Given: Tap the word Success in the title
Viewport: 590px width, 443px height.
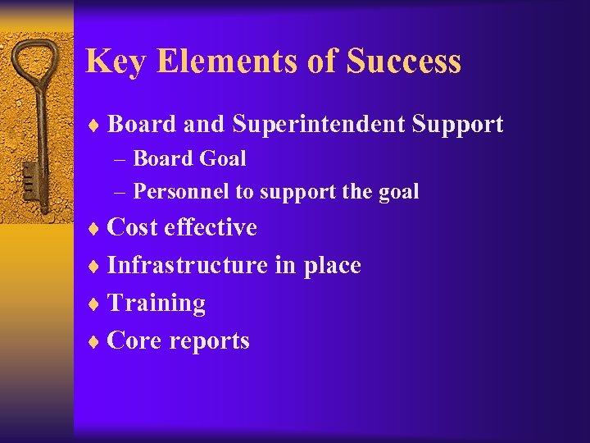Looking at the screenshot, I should [x=403, y=62].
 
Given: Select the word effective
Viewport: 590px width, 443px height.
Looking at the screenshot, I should [x=211, y=227].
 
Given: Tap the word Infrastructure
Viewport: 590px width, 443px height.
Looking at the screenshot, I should [x=187, y=265].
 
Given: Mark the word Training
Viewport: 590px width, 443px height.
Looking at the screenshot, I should [x=156, y=304].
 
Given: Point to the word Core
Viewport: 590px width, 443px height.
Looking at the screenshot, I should [x=133, y=340].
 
